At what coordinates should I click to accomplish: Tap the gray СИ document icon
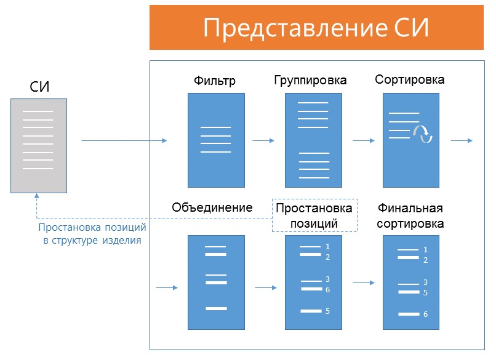pos(38,145)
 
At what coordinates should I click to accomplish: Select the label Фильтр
pos(215,81)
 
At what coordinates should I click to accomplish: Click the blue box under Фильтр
pos(216,140)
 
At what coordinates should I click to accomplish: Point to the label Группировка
pos(310,81)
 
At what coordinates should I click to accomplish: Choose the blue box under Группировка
pos(313,140)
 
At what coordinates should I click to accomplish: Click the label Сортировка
pos(409,80)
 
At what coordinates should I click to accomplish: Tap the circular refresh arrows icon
pos(423,134)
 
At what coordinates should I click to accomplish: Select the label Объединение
pos(212,207)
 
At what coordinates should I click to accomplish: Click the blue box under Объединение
pos(216,282)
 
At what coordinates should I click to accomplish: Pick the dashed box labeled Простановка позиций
pos(314,215)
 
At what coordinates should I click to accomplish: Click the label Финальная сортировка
pos(410,215)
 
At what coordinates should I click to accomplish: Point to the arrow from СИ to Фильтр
pos(124,141)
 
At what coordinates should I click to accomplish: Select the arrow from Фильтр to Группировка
pos(263,141)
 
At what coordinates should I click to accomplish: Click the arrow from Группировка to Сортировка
pos(363,141)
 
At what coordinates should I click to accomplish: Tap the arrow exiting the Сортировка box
pos(461,141)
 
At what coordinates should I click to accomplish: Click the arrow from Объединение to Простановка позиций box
pos(265,287)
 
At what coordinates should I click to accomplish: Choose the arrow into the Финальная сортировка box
pos(364,283)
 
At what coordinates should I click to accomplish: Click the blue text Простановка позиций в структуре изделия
pos(92,234)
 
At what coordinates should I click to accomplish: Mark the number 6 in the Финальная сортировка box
pos(425,314)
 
